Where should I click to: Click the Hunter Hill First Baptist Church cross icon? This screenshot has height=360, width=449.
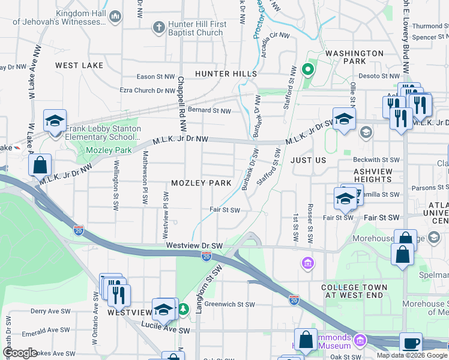click(x=158, y=28)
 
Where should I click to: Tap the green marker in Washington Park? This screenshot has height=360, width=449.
click(x=308, y=70)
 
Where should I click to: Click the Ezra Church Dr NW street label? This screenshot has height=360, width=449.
click(x=147, y=91)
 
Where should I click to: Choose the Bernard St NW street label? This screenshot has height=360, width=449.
click(x=209, y=110)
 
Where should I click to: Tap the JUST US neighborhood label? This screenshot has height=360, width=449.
click(x=308, y=160)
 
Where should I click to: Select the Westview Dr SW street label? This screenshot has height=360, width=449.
click(x=194, y=245)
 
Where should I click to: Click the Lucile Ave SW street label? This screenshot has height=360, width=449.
click(x=166, y=330)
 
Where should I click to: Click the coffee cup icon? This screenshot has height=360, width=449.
click(x=411, y=344)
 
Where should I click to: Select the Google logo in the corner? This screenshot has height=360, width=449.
click(x=19, y=353)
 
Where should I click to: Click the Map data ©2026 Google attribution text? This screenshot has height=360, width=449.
click(x=412, y=355)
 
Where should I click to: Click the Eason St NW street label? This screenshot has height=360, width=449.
click(x=155, y=77)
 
